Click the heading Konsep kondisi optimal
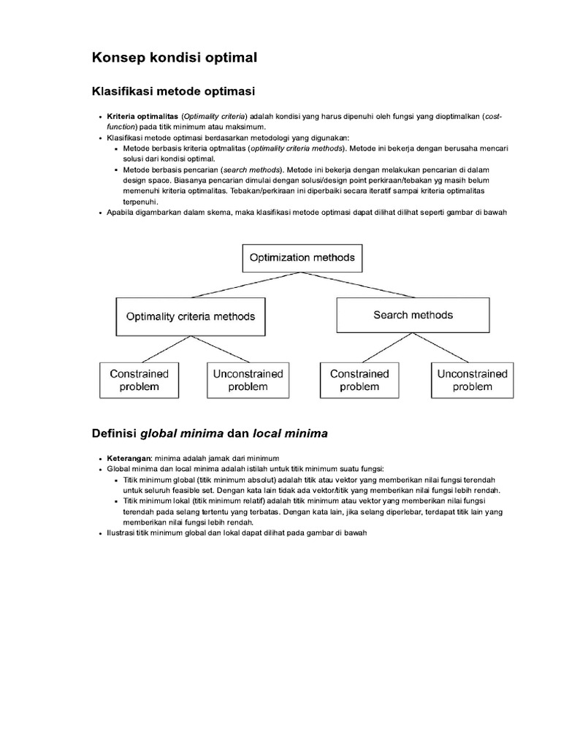[x=175, y=57]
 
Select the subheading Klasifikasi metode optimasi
[x=173, y=91]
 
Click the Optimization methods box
[x=302, y=258]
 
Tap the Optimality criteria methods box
[x=190, y=316]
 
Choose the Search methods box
[x=413, y=316]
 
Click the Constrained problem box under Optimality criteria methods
[x=139, y=380]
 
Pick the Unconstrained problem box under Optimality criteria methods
[x=248, y=380]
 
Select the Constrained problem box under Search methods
[x=359, y=380]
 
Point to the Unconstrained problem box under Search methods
[x=472, y=380]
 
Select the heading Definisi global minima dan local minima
[x=210, y=433]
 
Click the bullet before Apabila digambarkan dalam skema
[x=100, y=213]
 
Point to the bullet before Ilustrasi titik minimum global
[x=100, y=533]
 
